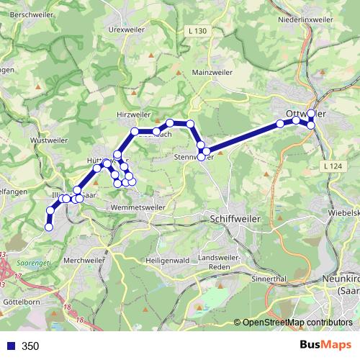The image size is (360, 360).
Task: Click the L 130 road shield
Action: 197,31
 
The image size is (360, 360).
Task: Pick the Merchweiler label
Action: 84,259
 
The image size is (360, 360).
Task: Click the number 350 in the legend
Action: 31,346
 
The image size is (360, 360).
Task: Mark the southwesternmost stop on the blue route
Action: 49,228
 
